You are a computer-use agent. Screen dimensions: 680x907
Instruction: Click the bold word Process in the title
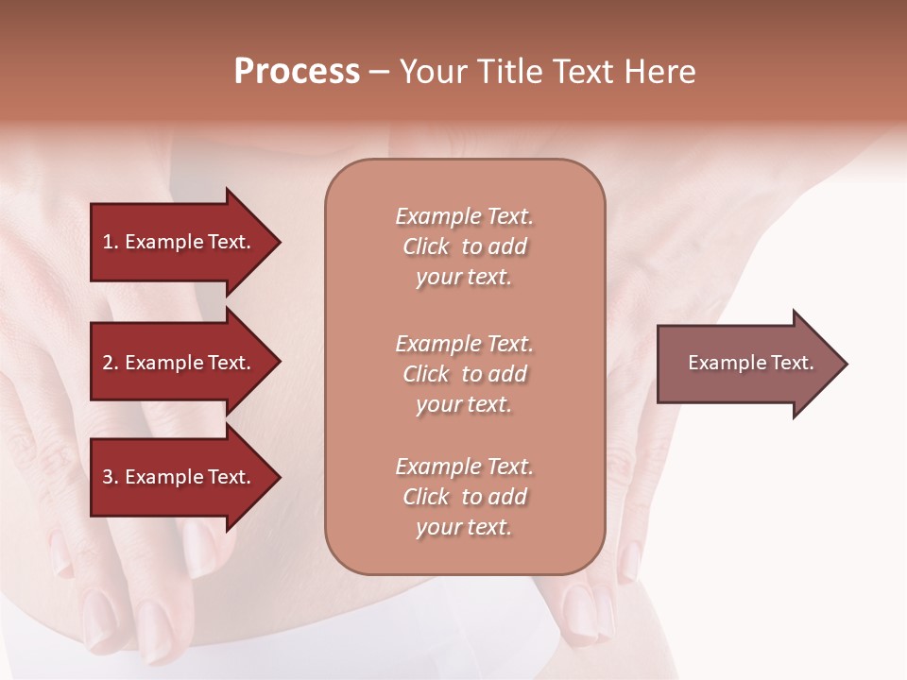(x=297, y=71)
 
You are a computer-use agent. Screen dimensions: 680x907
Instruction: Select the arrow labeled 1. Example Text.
(x=180, y=242)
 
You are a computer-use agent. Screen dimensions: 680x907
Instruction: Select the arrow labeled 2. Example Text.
(x=180, y=363)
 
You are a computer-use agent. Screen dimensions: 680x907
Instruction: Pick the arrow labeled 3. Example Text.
(x=180, y=477)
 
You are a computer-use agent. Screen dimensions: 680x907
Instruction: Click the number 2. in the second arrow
(x=111, y=363)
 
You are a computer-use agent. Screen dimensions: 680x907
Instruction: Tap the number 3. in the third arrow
(x=111, y=477)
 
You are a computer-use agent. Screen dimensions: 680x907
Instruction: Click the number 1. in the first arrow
(x=111, y=242)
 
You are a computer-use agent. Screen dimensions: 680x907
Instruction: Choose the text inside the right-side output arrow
(x=750, y=363)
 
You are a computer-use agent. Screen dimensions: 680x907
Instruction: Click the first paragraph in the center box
(x=464, y=246)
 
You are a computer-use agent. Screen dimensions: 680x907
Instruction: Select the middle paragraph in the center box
(x=464, y=373)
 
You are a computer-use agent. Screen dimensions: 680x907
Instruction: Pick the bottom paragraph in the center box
(x=464, y=497)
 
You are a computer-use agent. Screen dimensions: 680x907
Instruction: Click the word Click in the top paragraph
(x=426, y=246)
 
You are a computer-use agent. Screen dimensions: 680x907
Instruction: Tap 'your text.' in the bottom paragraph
(x=464, y=527)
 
